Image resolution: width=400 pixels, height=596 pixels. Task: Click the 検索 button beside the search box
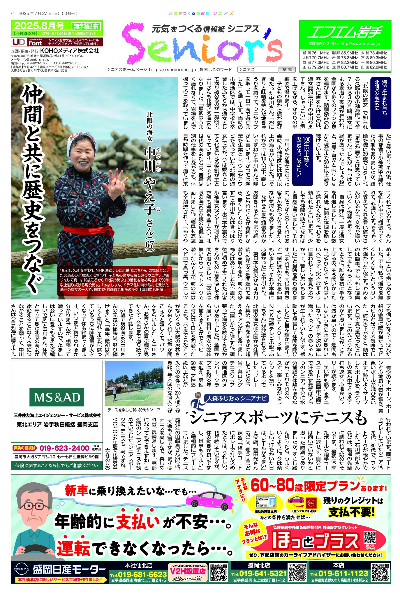tap(287, 70)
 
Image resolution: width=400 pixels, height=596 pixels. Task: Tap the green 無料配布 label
tap(86, 26)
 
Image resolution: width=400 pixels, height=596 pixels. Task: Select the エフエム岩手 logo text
tap(345, 32)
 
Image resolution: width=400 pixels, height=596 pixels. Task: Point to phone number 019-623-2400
tap(64, 448)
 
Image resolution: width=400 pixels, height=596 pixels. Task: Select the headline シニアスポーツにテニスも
tap(278, 418)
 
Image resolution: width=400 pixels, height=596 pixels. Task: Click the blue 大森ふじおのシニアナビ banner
tap(236, 398)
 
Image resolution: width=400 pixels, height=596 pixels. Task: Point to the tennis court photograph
tap(134, 383)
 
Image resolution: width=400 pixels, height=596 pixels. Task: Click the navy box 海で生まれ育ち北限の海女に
tap(380, 103)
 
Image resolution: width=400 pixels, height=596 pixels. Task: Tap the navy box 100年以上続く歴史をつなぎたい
tap(302, 160)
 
